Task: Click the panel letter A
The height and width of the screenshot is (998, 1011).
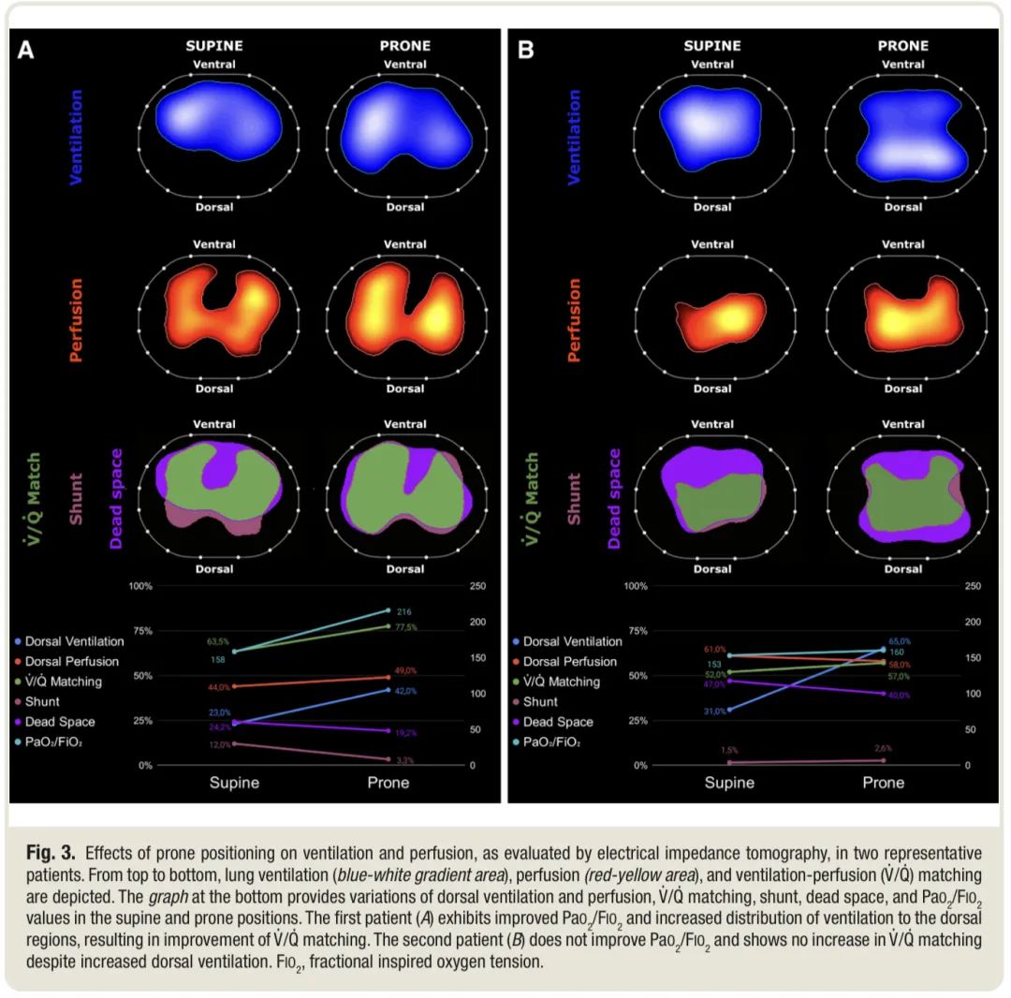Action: click(26, 50)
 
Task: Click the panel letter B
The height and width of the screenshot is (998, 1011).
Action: click(525, 50)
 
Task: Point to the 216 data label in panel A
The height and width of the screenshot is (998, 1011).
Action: click(404, 611)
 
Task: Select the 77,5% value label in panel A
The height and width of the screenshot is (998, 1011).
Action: click(404, 627)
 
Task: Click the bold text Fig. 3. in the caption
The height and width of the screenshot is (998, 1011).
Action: click(51, 853)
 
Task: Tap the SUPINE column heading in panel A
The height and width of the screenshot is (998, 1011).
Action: click(214, 45)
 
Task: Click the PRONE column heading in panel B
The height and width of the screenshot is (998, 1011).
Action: click(902, 45)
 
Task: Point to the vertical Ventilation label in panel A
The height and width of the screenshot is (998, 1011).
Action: click(76, 136)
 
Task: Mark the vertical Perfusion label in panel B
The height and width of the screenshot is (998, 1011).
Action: click(574, 319)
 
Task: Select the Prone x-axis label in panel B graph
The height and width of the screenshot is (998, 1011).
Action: click(883, 783)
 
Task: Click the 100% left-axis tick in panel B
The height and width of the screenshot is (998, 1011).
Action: click(636, 586)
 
